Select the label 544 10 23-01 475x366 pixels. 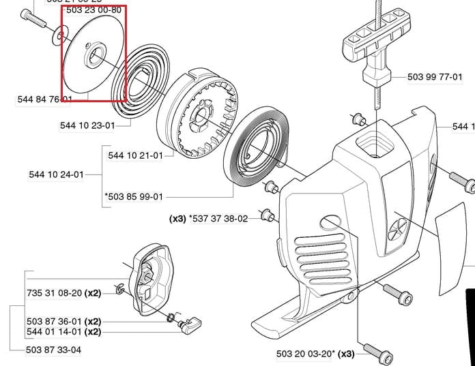point(87,125)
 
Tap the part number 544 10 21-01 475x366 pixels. point(135,155)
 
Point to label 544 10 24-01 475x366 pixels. point(56,174)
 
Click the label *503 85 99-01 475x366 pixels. point(134,197)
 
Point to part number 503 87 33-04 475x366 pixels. point(53,350)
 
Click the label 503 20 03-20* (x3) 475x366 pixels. point(315,354)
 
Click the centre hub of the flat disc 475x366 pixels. point(93,55)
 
